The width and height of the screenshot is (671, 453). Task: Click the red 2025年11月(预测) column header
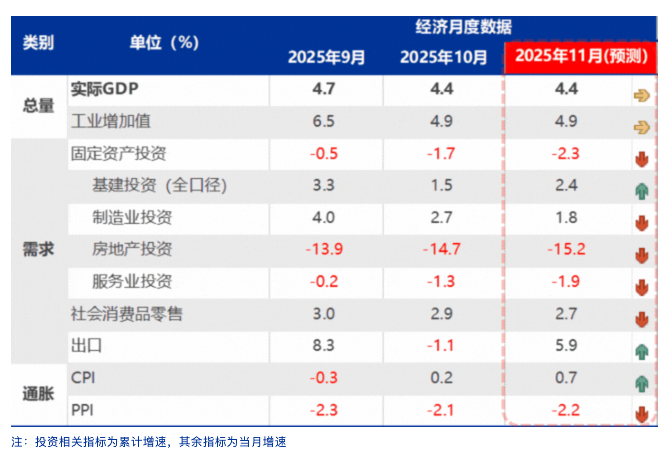click(x=581, y=56)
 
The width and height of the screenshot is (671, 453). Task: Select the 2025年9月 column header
click(x=326, y=57)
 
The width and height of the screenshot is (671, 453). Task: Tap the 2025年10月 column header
click(x=443, y=57)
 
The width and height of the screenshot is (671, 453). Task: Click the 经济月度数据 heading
click(x=463, y=27)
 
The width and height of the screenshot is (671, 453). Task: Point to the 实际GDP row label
click(x=105, y=89)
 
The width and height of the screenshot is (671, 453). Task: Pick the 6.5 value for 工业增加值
click(x=324, y=121)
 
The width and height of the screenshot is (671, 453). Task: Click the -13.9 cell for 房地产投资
click(x=324, y=249)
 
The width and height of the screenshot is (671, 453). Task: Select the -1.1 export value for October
click(x=441, y=345)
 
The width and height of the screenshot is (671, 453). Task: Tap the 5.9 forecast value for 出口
click(x=566, y=345)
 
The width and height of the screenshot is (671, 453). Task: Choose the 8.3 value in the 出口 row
click(x=324, y=345)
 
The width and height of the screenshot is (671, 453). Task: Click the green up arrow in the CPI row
click(x=642, y=383)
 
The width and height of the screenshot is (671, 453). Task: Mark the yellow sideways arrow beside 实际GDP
click(x=641, y=96)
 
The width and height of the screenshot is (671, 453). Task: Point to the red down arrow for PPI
click(x=642, y=414)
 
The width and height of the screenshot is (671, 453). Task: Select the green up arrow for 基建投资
click(x=642, y=191)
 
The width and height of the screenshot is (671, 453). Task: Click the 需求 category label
click(x=38, y=249)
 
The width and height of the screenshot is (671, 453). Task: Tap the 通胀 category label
click(x=38, y=394)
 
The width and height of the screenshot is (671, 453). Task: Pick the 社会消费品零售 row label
click(x=127, y=314)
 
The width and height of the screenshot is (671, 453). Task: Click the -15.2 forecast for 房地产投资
click(x=566, y=249)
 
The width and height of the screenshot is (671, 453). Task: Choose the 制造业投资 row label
click(x=132, y=217)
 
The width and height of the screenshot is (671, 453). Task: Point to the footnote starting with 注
click(x=149, y=442)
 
